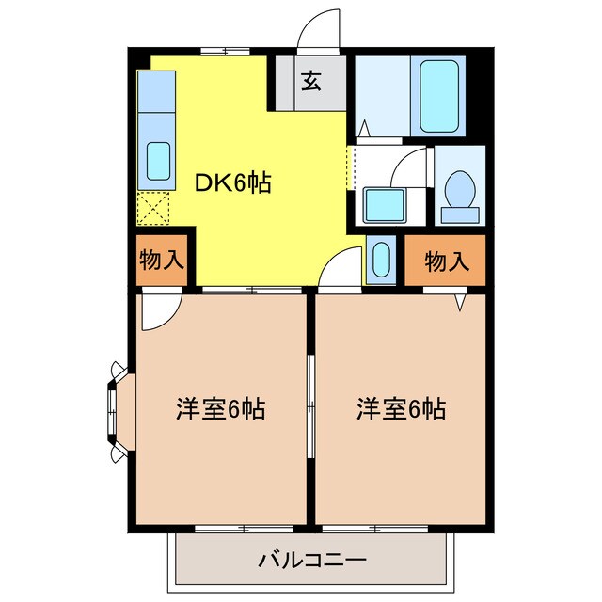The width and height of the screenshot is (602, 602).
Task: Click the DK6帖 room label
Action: pos(232,182)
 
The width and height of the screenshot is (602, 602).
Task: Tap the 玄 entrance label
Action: pos(310,82)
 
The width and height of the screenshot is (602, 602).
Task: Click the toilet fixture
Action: pos(460,194)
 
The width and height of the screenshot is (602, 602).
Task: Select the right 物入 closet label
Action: pos(446,261)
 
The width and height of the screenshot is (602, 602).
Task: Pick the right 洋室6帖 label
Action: pos(401,409)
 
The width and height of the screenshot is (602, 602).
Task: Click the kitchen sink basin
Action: pos(157,162)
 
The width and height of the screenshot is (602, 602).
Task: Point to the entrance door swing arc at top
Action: pos(316,28)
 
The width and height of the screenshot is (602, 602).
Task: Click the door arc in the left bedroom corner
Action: pos(158,313)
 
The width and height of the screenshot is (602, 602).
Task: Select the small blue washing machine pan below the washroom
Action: pos(380,259)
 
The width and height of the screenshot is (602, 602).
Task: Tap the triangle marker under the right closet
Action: pos(461,303)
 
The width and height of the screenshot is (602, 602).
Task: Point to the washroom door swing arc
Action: pos(410,166)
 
